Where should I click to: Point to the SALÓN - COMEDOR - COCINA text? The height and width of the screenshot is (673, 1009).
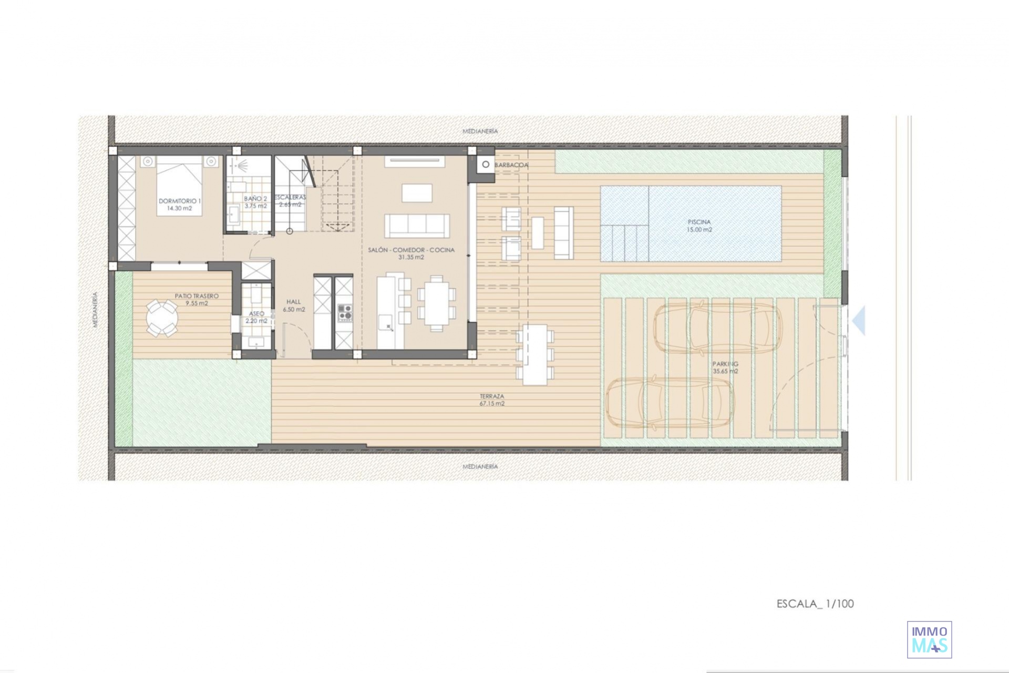click(411, 250)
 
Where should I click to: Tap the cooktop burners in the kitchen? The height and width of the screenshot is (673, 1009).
click(345, 312)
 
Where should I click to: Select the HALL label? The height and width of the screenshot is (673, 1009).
click(294, 302)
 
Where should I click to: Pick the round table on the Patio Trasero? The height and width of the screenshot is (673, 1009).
click(162, 318)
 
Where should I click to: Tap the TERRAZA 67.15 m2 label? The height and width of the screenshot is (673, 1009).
click(492, 400)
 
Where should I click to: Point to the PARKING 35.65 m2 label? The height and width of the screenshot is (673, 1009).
click(725, 367)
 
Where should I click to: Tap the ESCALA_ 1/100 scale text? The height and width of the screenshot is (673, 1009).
click(815, 604)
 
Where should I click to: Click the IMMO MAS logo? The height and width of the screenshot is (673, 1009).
click(930, 639)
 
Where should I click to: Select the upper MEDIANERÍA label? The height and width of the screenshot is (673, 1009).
click(480, 131)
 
